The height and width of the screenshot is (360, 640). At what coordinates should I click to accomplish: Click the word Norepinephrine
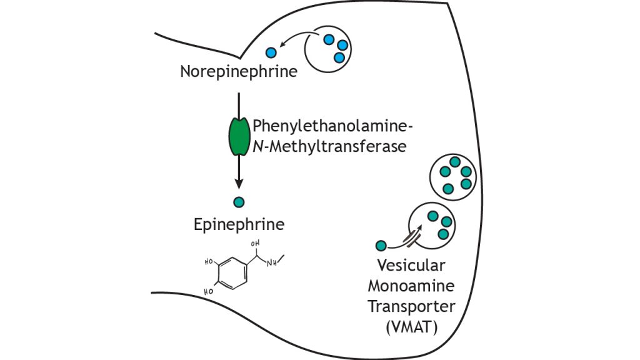[238, 72]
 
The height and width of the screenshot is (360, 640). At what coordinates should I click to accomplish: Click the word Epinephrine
[239, 224]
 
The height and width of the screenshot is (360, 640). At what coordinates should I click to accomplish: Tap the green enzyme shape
[238, 137]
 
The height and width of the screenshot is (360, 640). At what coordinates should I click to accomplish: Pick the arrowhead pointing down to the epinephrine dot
[238, 185]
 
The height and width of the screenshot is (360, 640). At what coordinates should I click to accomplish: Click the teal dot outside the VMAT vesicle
[381, 246]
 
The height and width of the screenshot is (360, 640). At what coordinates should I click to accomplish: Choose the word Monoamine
[416, 286]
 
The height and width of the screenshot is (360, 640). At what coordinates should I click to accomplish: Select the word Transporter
[416, 307]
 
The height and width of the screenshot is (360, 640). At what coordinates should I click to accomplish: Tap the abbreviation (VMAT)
[416, 327]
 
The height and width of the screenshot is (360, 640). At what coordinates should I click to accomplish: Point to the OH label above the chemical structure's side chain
[254, 244]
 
